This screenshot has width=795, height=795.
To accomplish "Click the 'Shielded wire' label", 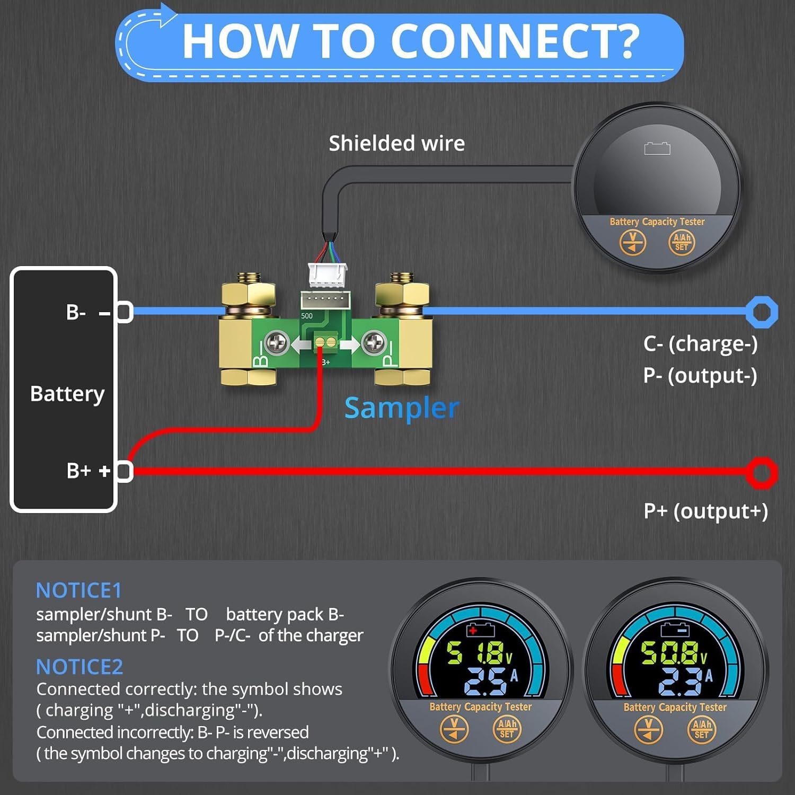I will click(396, 143).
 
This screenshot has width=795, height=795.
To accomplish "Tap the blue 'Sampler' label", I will click(401, 408).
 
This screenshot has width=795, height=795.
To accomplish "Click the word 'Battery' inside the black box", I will click(67, 394).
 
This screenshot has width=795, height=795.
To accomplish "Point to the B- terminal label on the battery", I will click(76, 312).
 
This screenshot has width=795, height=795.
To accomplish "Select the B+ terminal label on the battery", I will click(79, 470).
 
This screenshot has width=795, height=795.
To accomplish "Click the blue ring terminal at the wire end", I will click(762, 312).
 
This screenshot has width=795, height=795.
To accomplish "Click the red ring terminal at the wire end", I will click(762, 472).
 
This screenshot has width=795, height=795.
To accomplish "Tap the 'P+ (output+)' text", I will click(705, 511).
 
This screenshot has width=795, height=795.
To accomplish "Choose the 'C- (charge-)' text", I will click(700, 343).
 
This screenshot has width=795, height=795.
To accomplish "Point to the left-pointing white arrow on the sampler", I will click(301, 345).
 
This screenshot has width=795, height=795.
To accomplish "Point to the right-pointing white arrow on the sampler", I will click(349, 345).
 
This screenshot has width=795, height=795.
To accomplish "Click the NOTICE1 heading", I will click(79, 590).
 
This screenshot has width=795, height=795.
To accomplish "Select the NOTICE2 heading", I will click(79, 666).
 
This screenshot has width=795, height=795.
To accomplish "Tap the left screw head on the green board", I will click(276, 343).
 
